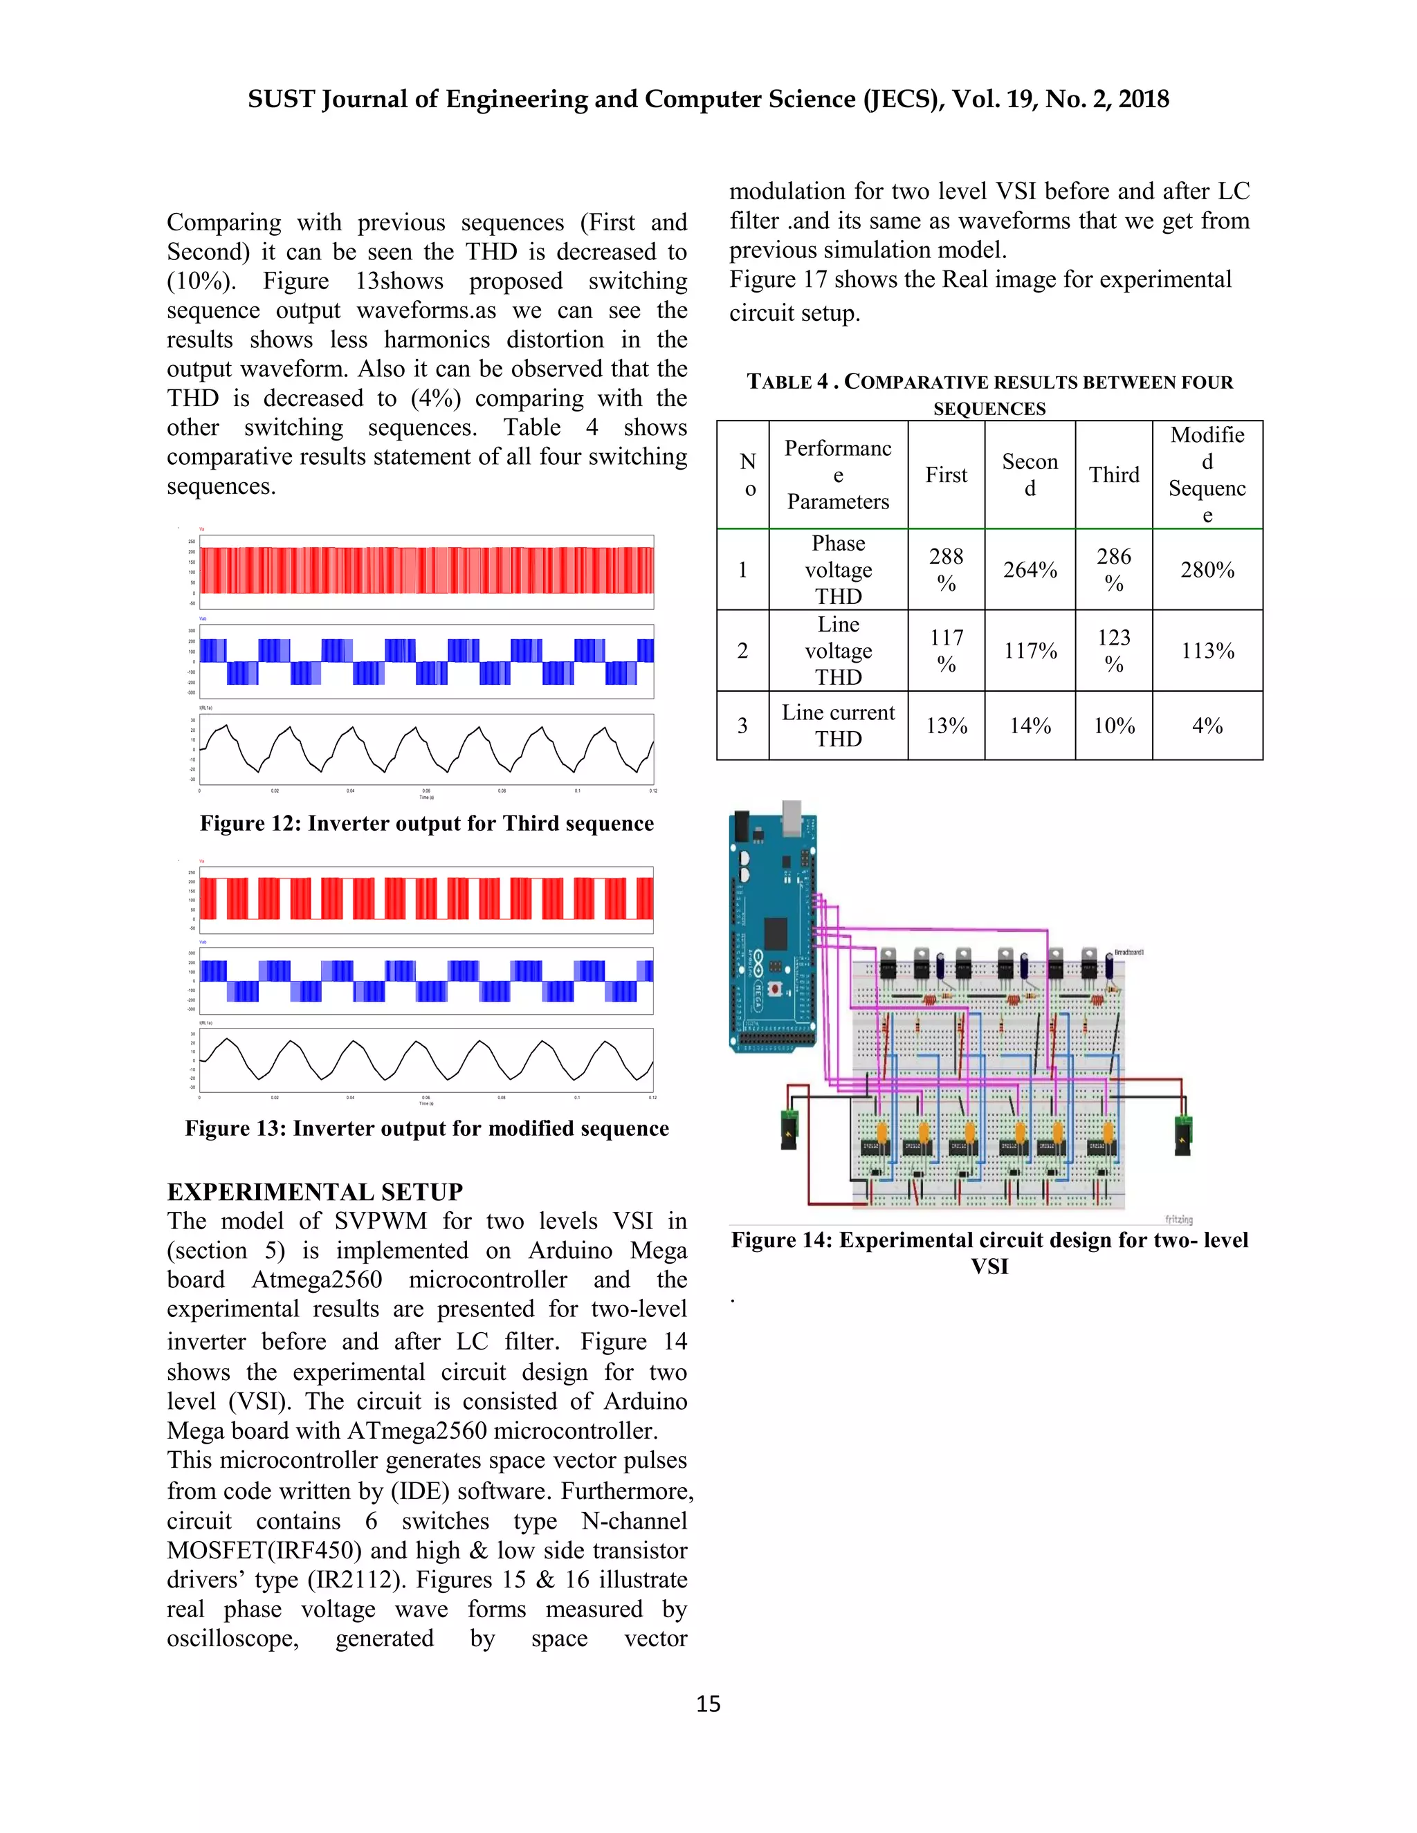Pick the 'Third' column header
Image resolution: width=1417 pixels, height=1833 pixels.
click(1113, 475)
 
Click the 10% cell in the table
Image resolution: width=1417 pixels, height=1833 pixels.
click(1113, 726)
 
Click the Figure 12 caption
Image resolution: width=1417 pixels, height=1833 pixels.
click(426, 823)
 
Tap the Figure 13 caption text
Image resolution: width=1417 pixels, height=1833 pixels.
click(426, 1128)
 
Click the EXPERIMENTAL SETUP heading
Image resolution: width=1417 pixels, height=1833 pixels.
click(315, 1192)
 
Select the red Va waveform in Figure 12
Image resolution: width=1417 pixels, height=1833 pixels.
click(426, 571)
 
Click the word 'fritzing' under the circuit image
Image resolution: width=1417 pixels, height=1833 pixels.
click(1178, 1219)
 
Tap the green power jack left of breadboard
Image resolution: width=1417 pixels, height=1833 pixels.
click(788, 1129)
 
